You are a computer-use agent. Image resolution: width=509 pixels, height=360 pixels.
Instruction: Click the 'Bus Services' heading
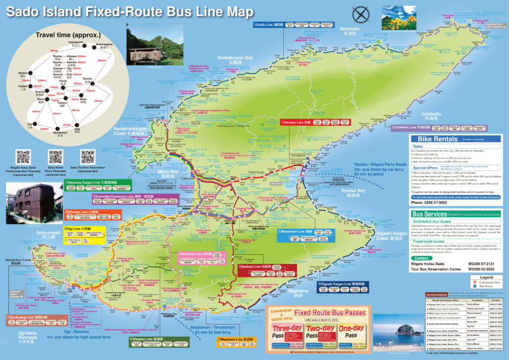pyautogui.click(x=429, y=213)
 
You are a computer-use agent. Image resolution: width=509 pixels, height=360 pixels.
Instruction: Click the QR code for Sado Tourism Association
pyautogui.click(x=87, y=157)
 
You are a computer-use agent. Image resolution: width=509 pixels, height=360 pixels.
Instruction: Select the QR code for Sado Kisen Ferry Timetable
pyautogui.click(x=55, y=157)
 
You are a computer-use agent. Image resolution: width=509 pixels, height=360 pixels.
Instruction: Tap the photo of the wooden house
pyautogui.click(x=29, y=201)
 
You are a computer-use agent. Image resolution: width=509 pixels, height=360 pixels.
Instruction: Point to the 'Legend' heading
pyautogui.click(x=486, y=277)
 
